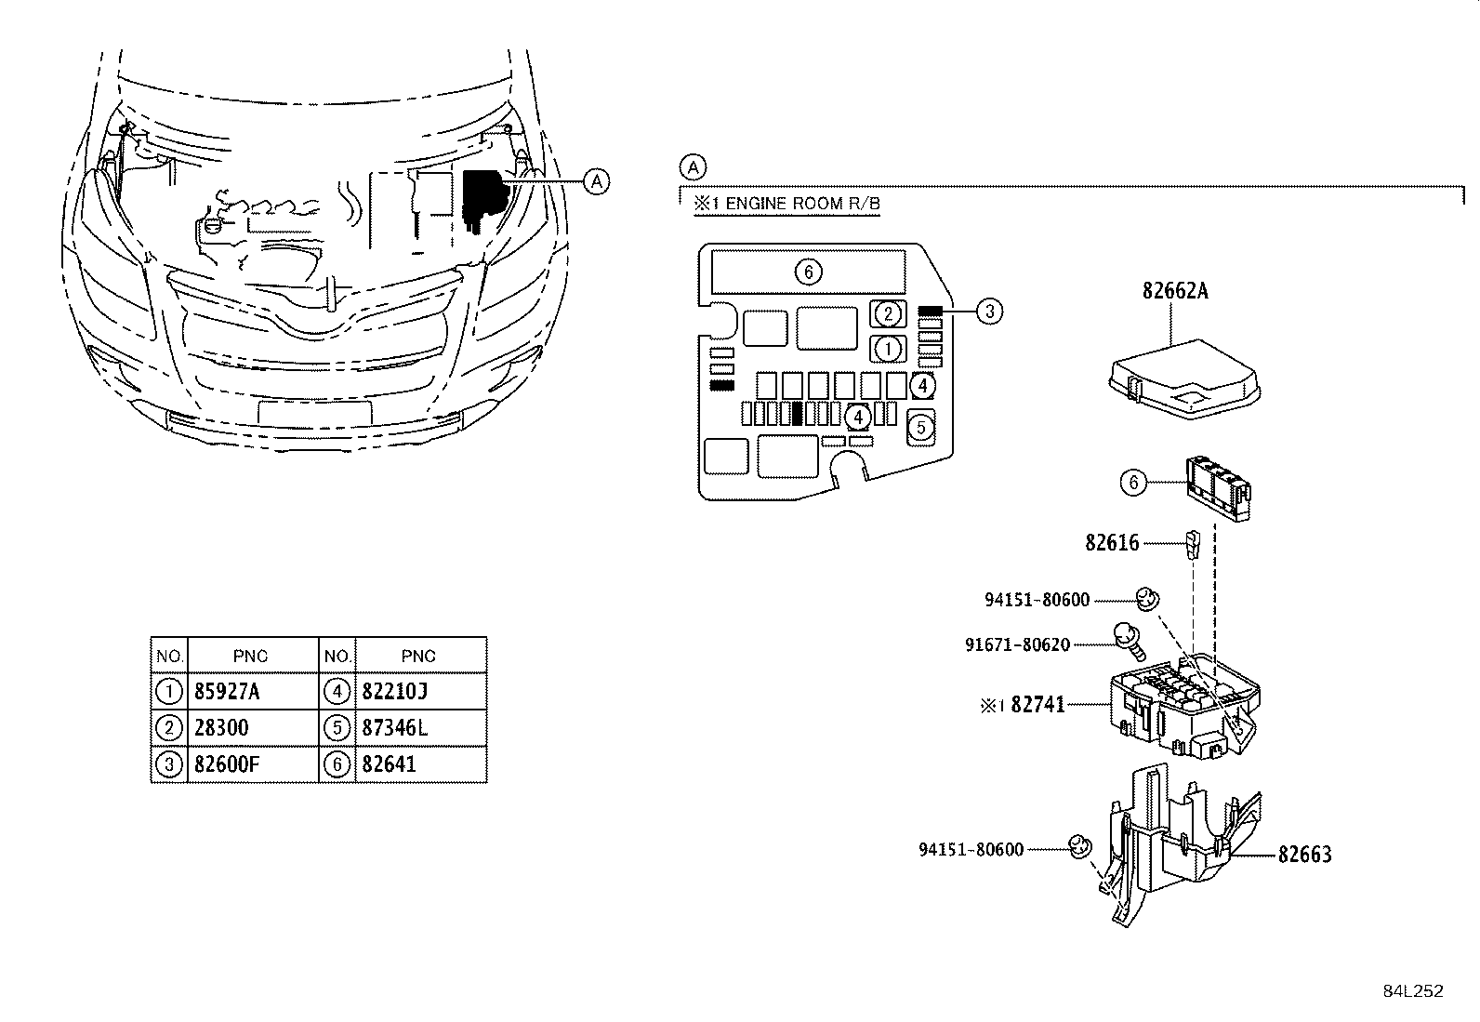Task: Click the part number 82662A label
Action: pos(1175,291)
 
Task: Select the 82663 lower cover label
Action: pos(1304,855)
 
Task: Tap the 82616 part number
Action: pos(1112,543)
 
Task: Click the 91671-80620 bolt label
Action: pos(1017,644)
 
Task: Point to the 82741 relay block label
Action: pos(1037,706)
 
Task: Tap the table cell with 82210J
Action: pos(394,692)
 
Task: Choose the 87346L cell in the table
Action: pos(394,728)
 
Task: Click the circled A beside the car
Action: pos(597,181)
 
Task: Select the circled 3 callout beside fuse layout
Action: pos(990,312)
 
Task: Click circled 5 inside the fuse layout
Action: pos(920,428)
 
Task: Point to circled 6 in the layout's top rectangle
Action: pos(809,272)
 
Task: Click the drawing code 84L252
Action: pos(1412,991)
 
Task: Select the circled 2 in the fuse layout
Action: pos(889,313)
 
